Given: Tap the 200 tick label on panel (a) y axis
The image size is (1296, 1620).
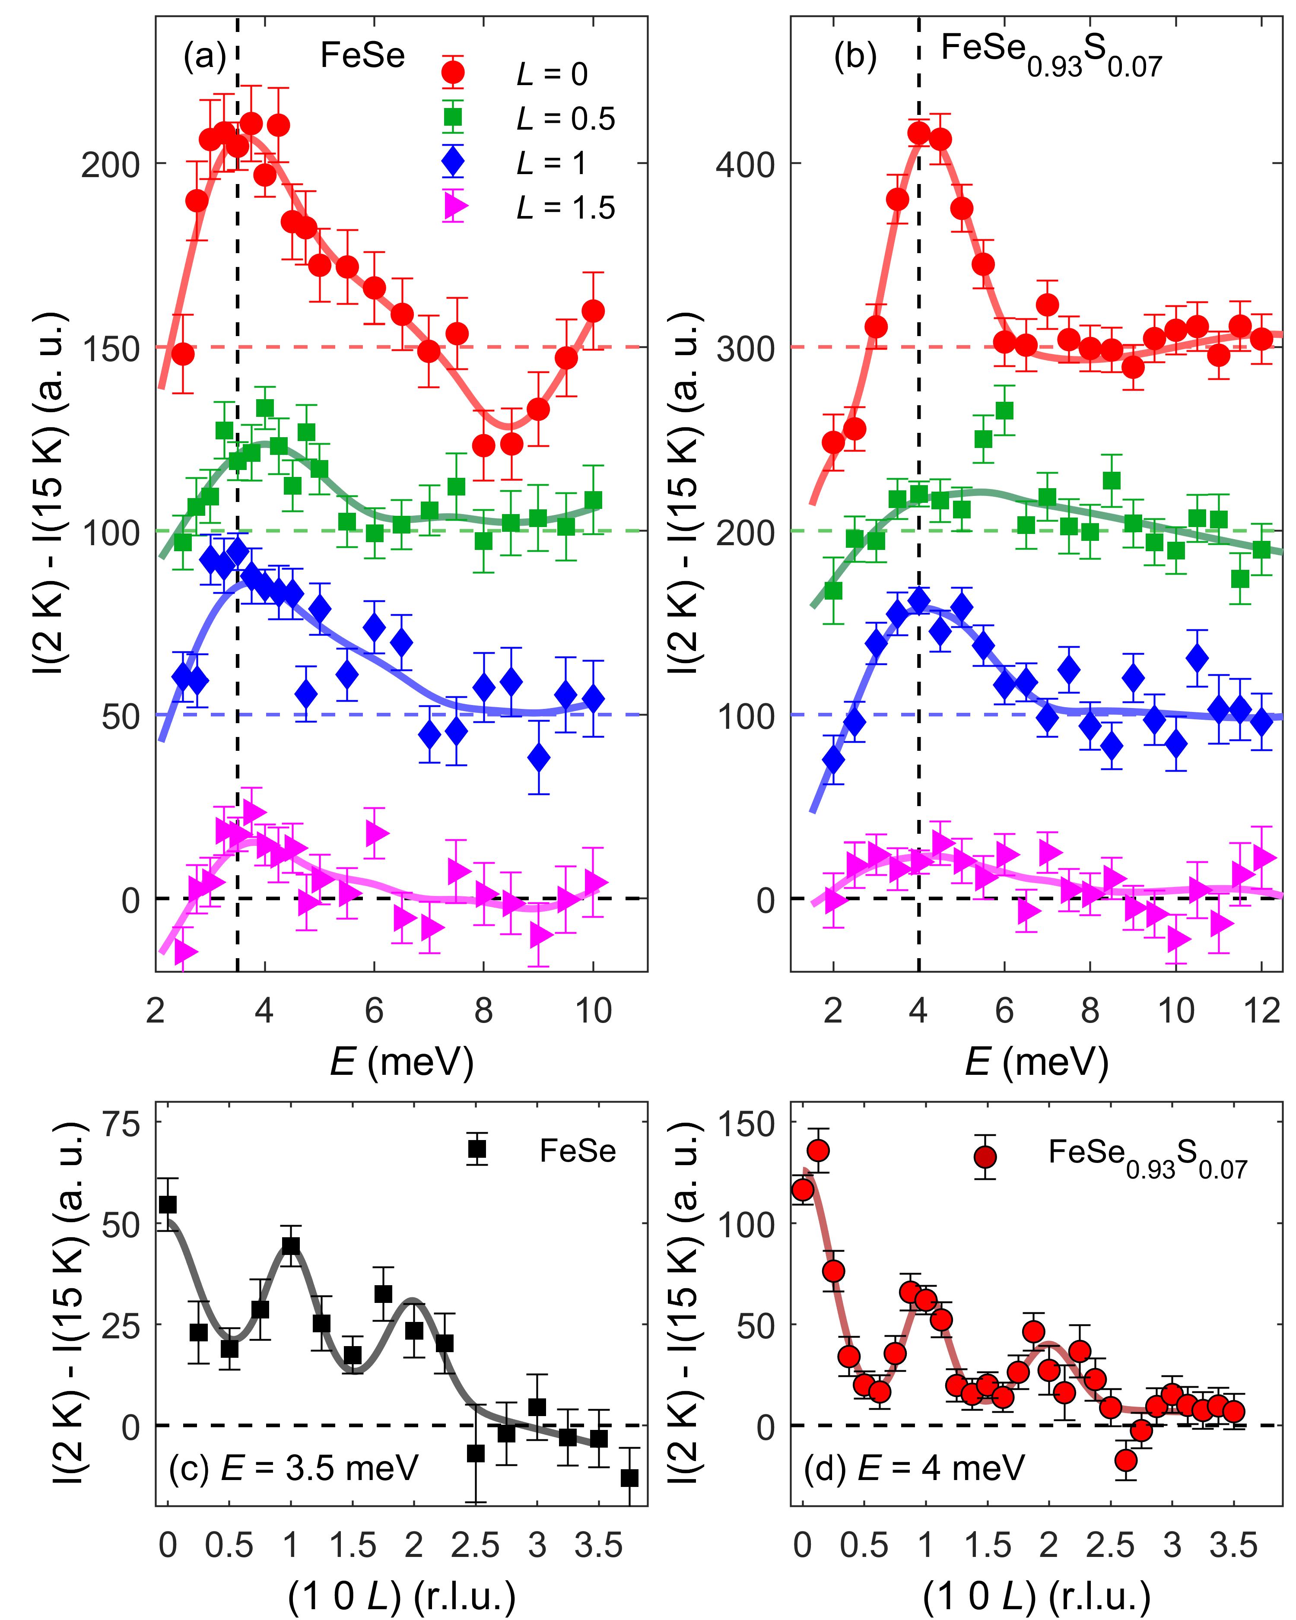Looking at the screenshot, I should (111, 164).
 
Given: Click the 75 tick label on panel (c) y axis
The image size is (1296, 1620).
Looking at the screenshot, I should (120, 1125).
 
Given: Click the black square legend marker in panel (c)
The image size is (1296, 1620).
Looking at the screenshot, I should (477, 1149).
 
